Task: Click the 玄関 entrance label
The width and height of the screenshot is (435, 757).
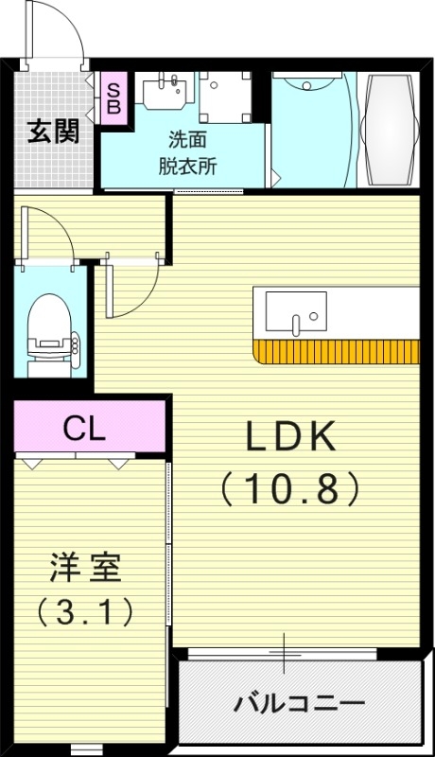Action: pos(52,132)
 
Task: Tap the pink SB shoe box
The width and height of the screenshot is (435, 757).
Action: pos(113,98)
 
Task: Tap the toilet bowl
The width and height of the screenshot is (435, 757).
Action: pos(46,322)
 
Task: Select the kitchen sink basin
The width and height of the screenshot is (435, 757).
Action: pos(295,310)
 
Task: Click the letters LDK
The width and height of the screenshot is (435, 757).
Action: pos(290,436)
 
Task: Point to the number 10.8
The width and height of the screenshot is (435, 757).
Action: pos(290,487)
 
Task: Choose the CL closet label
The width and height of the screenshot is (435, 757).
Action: pos(84,429)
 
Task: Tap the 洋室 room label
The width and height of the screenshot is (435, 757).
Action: pos(85,570)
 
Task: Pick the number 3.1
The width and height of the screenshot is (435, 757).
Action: pos(85,612)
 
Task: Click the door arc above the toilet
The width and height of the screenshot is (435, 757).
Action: pos(49,231)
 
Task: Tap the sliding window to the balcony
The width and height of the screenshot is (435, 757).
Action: pos(284,653)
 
